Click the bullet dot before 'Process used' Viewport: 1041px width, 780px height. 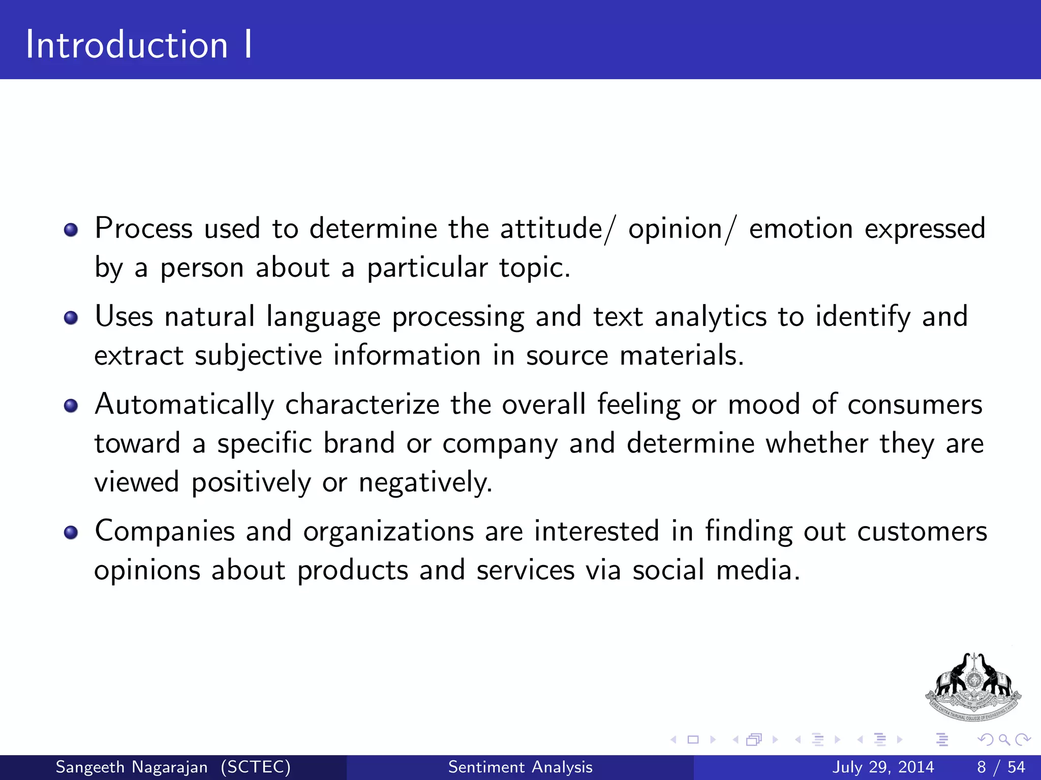point(71,230)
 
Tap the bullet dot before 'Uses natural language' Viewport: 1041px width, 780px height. point(71,318)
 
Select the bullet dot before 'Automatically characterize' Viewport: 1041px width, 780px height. point(71,406)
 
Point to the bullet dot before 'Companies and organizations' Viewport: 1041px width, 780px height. point(71,532)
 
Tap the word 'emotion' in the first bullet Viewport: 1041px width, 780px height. point(801,229)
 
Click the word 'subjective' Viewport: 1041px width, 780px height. point(258,355)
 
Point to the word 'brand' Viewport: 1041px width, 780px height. point(359,443)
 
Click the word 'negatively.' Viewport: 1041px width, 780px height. point(425,482)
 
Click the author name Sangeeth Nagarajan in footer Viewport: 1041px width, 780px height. point(131,767)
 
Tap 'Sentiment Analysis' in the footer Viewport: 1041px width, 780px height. point(520,767)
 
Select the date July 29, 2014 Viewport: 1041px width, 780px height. point(883,767)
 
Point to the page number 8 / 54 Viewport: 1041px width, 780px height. point(1001,767)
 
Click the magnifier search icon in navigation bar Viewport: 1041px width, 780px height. point(1004,739)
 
